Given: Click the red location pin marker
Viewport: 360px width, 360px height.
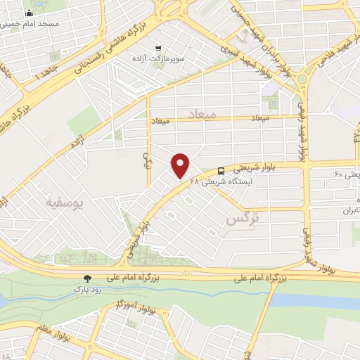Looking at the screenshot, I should [181, 165].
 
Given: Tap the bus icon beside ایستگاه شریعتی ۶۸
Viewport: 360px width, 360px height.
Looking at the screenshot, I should [221, 171].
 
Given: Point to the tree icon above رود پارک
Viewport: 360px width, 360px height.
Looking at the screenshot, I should [87, 278].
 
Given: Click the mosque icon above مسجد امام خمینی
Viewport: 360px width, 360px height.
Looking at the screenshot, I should [29, 13].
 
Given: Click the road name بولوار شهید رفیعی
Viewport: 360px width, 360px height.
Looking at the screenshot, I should [303, 130].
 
